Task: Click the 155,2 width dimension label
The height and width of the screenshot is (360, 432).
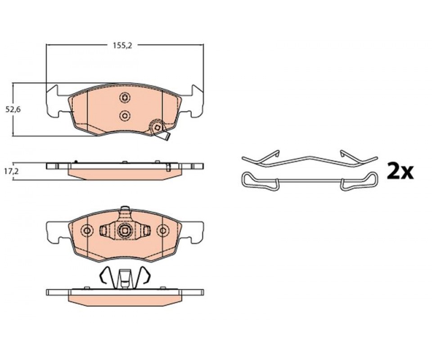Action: [122, 46]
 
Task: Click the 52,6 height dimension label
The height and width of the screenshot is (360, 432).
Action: [13, 109]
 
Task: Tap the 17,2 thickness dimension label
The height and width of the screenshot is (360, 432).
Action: [12, 171]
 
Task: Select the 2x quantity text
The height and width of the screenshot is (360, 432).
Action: [400, 171]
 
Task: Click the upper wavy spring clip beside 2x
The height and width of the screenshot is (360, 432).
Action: [310, 159]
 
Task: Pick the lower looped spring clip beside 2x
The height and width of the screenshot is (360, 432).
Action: [310, 181]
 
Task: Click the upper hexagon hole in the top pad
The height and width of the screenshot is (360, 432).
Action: [125, 98]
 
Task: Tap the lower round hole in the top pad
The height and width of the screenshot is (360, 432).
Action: [125, 116]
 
